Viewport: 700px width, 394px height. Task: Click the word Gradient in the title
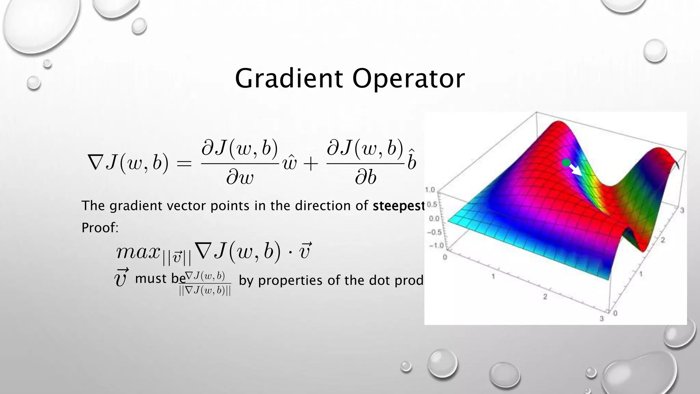[289, 79]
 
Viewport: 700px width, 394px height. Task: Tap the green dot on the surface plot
[566, 163]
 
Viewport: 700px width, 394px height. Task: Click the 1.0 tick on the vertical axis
[430, 189]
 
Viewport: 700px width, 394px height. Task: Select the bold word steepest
[399, 206]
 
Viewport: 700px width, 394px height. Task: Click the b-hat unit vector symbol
[412, 161]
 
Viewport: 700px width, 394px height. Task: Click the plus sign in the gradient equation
[310, 164]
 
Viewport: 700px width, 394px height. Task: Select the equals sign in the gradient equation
[184, 163]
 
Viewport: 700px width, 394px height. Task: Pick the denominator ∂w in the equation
[240, 178]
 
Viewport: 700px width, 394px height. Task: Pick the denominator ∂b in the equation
[365, 178]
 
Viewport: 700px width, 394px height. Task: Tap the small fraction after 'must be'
[205, 283]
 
